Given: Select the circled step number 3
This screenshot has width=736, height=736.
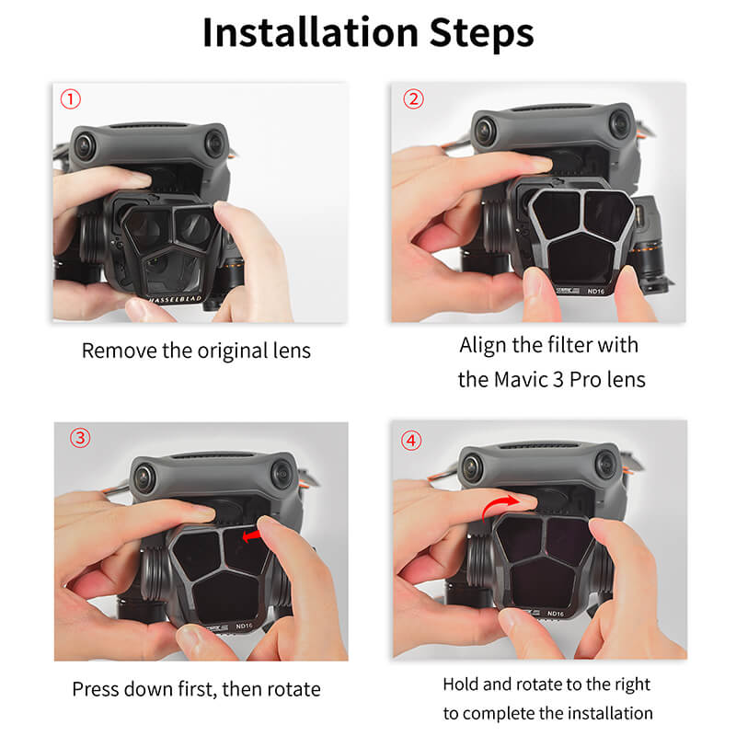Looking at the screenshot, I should point(80,437).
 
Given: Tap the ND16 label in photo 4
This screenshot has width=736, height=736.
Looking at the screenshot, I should point(554,613).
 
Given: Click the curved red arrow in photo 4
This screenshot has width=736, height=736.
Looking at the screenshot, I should point(501,499).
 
